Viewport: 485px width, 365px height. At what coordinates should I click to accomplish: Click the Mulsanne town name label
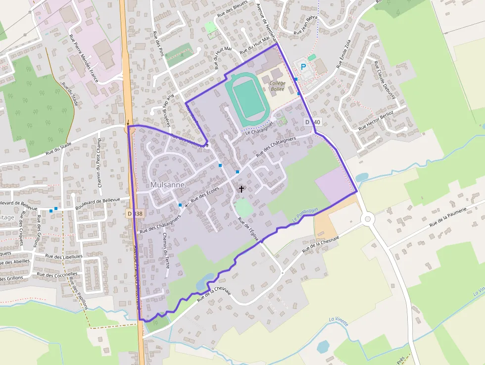coord(167,185)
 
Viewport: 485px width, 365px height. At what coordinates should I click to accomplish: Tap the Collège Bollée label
coord(281,87)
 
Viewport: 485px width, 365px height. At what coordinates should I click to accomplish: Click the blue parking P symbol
coord(303,66)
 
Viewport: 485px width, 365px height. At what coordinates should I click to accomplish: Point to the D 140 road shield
coord(312,122)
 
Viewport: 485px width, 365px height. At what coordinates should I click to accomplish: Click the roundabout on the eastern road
coord(367,218)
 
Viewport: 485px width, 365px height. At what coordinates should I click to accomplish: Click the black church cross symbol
coord(242,189)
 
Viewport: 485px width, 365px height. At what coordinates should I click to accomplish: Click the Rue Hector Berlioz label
coord(376,120)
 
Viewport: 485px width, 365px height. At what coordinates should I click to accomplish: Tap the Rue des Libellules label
coord(64,257)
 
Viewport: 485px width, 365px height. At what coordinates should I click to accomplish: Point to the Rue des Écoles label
coord(205,194)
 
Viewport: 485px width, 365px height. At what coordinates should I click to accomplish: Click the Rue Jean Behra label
coord(306,26)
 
